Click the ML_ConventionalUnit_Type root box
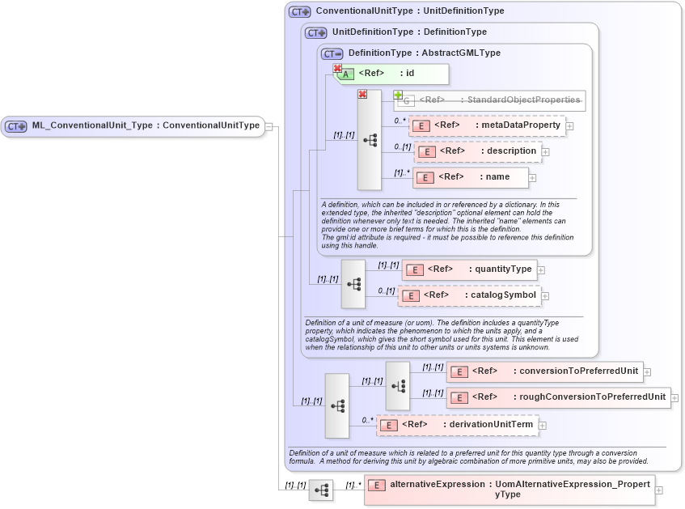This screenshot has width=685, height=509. point(133,126)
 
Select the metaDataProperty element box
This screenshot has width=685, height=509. point(488,125)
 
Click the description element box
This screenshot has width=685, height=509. point(477,151)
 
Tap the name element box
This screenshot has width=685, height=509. point(471,177)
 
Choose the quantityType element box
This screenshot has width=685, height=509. point(469,269)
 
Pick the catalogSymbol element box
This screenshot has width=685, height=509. point(468,295)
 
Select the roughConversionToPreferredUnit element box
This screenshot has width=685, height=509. point(559,397)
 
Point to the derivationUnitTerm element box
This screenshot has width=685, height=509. point(456,425)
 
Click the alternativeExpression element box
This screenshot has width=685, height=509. point(509,490)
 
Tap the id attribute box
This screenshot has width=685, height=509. point(391,74)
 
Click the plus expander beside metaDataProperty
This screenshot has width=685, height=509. point(570,125)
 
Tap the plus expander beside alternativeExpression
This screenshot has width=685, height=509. point(659,490)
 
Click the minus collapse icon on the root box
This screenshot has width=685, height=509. point(269,126)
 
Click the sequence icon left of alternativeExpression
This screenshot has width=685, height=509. point(321,490)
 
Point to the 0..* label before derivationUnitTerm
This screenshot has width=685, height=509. point(367,420)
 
